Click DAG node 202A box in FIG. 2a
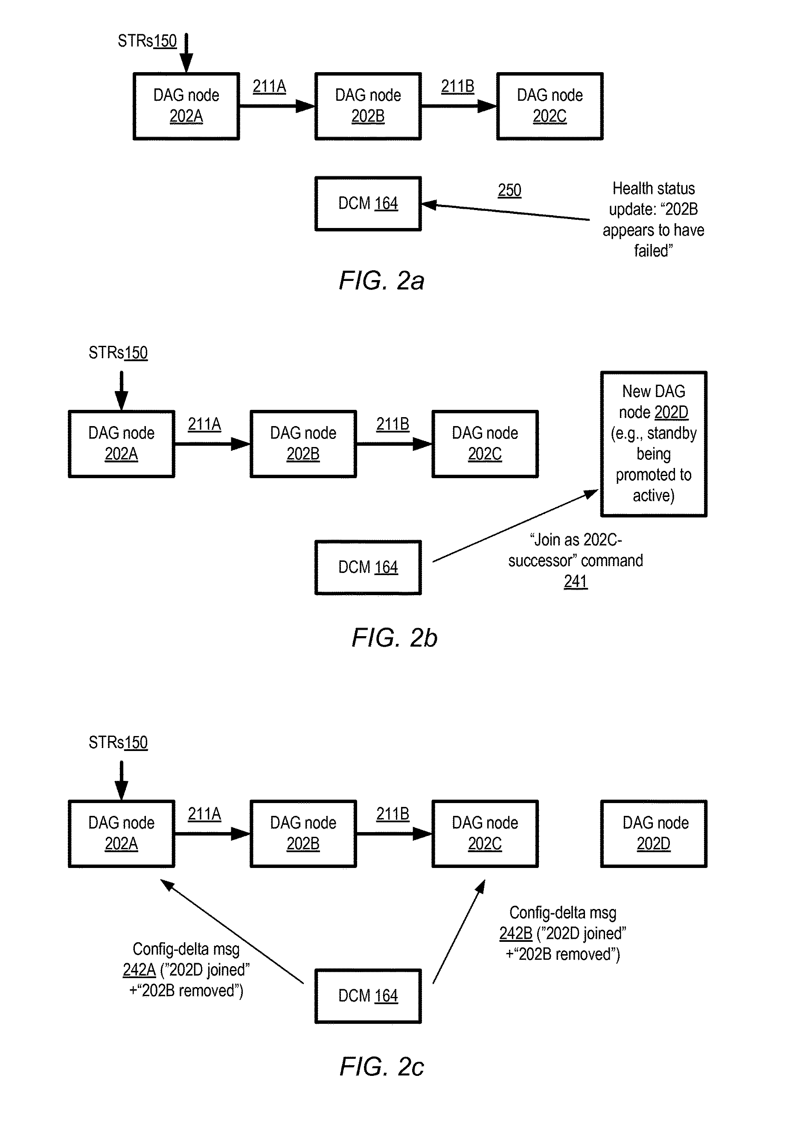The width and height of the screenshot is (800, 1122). click(x=186, y=106)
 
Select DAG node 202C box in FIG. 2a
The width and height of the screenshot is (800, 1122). click(x=550, y=106)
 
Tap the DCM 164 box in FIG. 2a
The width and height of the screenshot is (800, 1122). click(x=368, y=204)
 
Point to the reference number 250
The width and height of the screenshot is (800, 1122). click(x=509, y=190)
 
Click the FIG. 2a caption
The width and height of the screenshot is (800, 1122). click(x=381, y=280)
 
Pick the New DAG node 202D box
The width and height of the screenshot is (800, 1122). click(x=653, y=444)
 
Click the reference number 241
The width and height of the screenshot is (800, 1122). click(x=576, y=581)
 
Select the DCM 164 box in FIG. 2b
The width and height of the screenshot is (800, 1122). click(x=368, y=567)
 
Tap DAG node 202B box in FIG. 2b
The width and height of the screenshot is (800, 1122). click(x=303, y=444)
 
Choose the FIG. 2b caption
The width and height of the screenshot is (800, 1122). click(x=394, y=637)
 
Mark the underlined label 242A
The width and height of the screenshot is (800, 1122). click(x=139, y=970)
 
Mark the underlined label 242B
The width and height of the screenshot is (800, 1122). click(x=516, y=933)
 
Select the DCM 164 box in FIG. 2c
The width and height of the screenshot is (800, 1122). click(x=368, y=996)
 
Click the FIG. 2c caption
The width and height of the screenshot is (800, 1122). click(x=381, y=1067)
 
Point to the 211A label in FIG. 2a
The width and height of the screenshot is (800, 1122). click(x=269, y=87)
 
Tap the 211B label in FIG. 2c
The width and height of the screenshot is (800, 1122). click(x=393, y=814)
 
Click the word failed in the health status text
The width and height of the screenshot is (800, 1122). click(x=653, y=251)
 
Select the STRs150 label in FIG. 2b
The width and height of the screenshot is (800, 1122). click(x=118, y=353)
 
